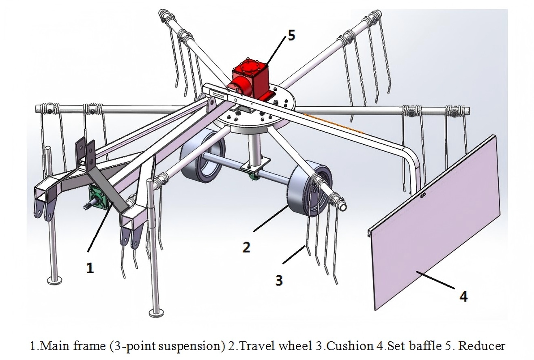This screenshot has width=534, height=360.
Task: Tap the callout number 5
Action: coord(291,36)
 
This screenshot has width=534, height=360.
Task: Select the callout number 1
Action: coord(90,268)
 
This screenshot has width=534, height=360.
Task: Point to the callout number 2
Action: coord(246,247)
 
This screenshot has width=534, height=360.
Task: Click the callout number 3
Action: coord(279,280)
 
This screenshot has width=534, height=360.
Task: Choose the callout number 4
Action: coord(463,296)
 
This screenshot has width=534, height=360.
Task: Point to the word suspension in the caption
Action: coord(193,346)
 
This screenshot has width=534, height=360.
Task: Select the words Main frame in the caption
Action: coord(63,346)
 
